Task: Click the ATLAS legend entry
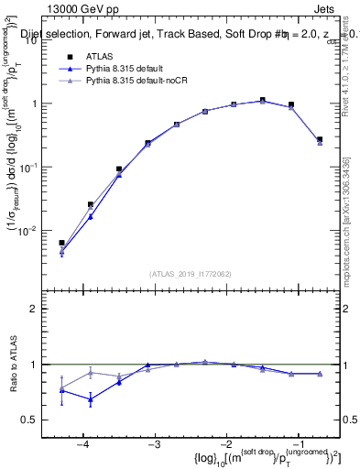coord(97,57)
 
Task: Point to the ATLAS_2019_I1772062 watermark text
coord(191,273)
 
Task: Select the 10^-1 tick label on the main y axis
coord(35,167)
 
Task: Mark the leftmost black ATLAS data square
coord(61,243)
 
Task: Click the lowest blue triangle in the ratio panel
coord(91,399)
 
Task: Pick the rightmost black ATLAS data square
coord(319,139)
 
